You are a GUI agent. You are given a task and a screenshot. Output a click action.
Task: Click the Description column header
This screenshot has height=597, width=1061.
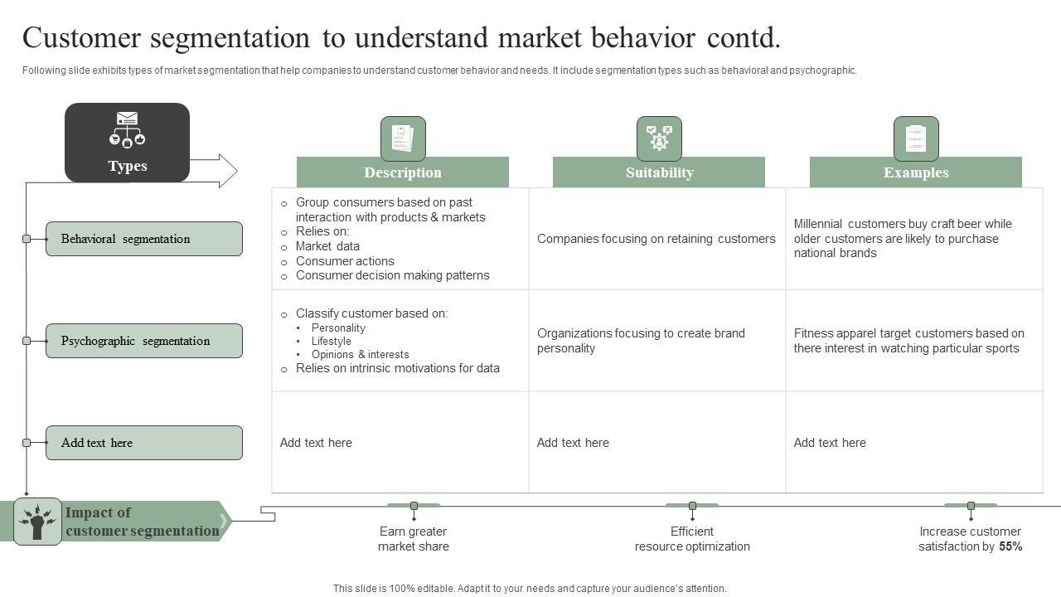tap(402, 172)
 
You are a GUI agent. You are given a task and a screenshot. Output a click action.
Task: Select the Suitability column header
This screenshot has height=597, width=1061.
tap(659, 172)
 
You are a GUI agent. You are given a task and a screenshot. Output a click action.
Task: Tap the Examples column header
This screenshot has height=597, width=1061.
tap(915, 172)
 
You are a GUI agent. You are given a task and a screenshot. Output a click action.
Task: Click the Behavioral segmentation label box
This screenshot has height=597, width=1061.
tap(144, 239)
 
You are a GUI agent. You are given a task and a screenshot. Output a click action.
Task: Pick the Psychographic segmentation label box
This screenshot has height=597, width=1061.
tap(144, 341)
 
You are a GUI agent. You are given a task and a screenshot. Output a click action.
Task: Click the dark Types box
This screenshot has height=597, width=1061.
tap(127, 143)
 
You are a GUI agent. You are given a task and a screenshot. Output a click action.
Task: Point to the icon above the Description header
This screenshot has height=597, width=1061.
tap(403, 138)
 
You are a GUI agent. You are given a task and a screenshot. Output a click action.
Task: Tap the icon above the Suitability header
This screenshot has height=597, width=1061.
tap(659, 138)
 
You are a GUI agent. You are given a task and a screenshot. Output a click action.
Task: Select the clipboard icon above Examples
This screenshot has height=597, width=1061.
tap(916, 138)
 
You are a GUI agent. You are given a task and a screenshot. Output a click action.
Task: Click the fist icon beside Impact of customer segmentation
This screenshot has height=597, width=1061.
tap(37, 522)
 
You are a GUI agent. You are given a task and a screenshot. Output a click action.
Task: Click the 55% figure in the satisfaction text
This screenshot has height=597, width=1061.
tap(1010, 546)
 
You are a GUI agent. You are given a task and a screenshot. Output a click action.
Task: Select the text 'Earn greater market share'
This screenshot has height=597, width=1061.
tap(414, 539)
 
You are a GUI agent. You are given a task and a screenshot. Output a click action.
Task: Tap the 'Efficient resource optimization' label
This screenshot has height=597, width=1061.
tap(692, 539)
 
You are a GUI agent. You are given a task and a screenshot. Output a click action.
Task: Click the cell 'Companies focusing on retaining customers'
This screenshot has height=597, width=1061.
tap(656, 239)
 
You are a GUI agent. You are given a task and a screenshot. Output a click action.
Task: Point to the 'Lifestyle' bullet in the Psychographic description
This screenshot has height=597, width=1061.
tap(332, 341)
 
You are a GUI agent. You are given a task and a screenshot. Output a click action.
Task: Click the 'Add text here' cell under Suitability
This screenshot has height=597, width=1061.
tap(573, 443)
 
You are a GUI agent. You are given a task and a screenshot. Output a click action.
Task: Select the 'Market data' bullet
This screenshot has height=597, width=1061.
tap(327, 246)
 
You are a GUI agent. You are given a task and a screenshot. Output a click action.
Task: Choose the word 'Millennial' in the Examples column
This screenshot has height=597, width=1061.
tap(818, 224)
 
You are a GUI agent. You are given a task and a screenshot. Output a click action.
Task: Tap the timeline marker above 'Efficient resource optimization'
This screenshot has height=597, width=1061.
tap(692, 506)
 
